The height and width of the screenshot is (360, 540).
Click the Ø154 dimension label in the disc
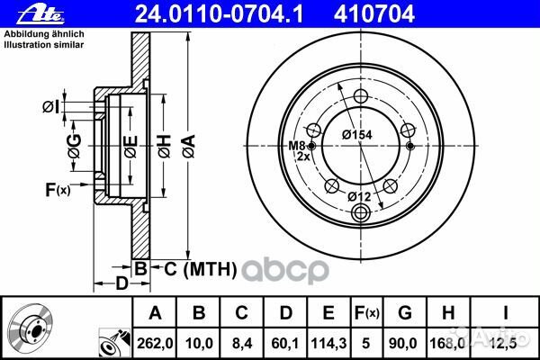point(357,135)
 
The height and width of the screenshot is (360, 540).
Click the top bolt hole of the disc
point(361,96)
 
